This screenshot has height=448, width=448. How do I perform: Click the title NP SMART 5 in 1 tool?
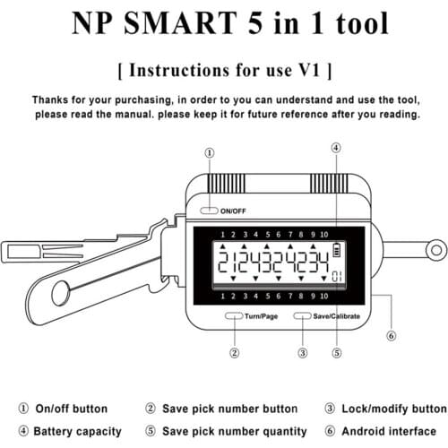224,22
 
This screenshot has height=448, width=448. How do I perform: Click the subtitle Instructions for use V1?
224,69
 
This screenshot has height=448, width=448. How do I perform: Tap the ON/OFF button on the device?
209,211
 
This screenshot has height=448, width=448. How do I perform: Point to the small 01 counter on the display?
336,274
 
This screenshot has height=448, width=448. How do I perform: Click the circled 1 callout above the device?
209,153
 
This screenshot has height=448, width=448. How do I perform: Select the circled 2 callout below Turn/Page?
235,352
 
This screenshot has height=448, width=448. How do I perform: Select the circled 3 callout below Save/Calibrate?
303,352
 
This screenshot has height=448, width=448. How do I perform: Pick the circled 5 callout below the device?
337,352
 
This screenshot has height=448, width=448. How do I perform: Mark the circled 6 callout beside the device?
391,336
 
